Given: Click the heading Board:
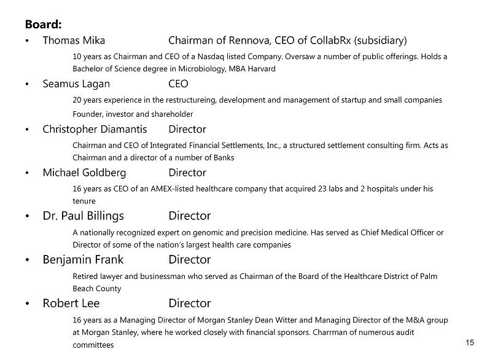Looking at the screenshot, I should tap(43, 25).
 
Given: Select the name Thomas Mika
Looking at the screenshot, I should tap(74, 41).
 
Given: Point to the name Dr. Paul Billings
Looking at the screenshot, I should tap(83, 216).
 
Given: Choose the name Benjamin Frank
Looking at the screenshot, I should tap(84, 260).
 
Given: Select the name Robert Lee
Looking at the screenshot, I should tap(71, 303).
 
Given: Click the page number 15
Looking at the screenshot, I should tap(470, 343).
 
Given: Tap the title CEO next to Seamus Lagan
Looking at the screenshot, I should tap(178, 84).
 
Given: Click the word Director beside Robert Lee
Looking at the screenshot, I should tap(190, 303).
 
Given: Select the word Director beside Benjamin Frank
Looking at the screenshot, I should tap(190, 260).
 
